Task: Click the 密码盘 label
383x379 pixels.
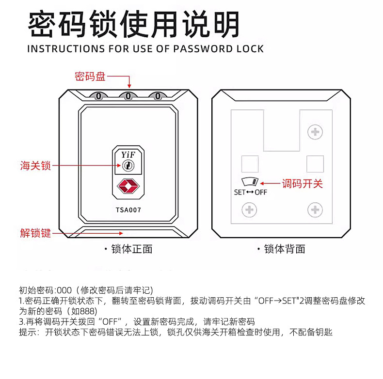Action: (90, 76)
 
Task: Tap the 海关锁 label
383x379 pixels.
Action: (35, 166)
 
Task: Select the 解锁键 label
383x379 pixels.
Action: (35, 233)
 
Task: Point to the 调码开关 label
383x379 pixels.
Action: (302, 183)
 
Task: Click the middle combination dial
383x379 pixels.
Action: (128, 96)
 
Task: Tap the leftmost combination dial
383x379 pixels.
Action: (98, 96)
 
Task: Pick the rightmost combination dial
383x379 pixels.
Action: (158, 96)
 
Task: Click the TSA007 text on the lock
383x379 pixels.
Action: (128, 210)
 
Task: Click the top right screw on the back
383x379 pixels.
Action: (315, 131)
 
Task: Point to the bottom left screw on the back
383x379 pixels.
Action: (249, 210)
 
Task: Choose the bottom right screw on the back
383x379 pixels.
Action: (315, 210)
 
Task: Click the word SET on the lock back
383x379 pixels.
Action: (239, 192)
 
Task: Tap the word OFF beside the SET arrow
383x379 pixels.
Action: (261, 192)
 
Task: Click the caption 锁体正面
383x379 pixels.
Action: (131, 249)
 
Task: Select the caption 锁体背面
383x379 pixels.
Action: (285, 249)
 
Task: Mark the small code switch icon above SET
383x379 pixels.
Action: (251, 182)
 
